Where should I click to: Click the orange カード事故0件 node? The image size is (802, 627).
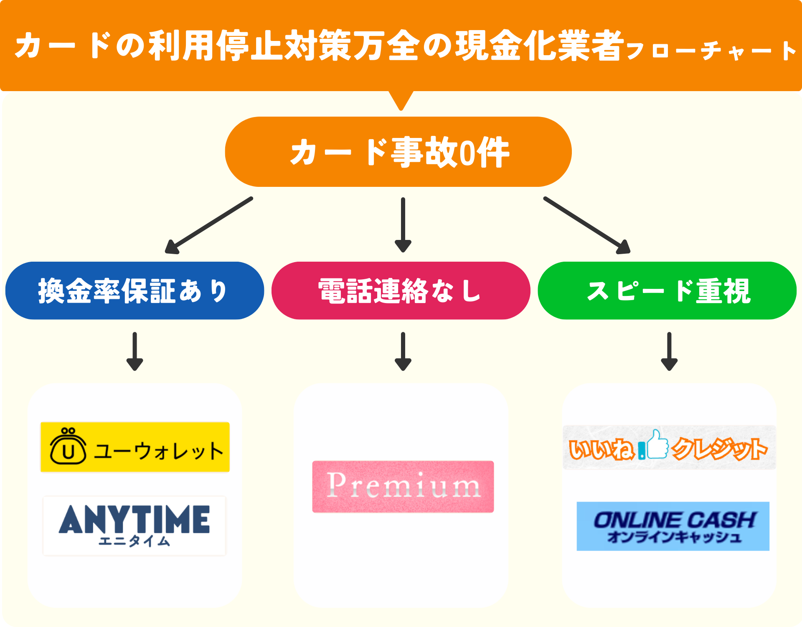tap(398, 152)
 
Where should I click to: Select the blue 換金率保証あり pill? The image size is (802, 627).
tap(135, 291)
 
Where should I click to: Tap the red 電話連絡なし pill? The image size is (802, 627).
tap(401, 291)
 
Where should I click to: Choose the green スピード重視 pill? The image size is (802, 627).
tap(667, 291)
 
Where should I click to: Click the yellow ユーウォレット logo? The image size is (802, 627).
tap(135, 447)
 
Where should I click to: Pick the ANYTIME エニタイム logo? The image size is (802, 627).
tap(135, 525)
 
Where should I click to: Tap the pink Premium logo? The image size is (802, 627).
tap(403, 487)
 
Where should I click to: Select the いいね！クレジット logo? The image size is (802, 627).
tap(669, 448)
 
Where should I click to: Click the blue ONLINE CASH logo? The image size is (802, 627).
tap(673, 526)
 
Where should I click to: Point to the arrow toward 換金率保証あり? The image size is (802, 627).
tap(209, 225)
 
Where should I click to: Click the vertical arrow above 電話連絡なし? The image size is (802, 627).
tap(403, 225)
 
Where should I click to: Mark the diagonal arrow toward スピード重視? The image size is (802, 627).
tap(587, 225)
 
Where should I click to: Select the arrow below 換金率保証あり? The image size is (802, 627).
tap(135, 352)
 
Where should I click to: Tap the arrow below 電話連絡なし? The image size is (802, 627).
tap(403, 352)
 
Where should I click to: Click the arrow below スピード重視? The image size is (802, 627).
tap(669, 352)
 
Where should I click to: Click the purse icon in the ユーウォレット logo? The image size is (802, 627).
tap(68, 446)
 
